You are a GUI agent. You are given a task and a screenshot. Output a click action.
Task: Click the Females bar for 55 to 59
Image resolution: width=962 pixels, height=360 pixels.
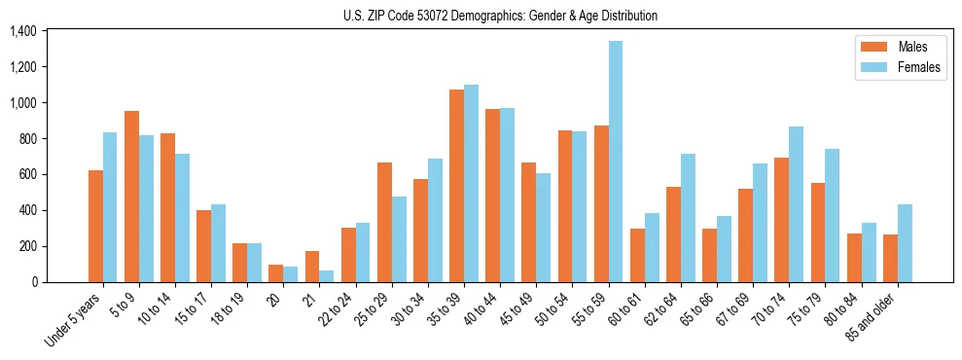click(x=616, y=162)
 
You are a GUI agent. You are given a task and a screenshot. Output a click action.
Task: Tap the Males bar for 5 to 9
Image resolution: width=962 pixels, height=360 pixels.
click(x=131, y=197)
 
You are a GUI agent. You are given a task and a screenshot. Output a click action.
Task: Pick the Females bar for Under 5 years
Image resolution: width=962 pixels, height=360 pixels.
click(x=110, y=207)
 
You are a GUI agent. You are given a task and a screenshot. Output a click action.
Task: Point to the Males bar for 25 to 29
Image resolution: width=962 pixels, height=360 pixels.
click(x=384, y=222)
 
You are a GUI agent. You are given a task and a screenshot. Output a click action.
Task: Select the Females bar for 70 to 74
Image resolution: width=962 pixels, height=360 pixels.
click(x=797, y=204)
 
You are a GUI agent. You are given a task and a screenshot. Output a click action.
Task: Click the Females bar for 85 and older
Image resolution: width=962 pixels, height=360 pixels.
click(x=905, y=243)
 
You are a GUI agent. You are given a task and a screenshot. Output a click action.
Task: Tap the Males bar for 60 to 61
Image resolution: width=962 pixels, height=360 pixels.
click(x=637, y=255)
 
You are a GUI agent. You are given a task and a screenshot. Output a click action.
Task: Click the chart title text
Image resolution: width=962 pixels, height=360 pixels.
click(x=500, y=16)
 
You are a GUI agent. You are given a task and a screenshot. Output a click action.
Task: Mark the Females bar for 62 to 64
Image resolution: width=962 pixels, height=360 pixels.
click(x=688, y=218)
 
